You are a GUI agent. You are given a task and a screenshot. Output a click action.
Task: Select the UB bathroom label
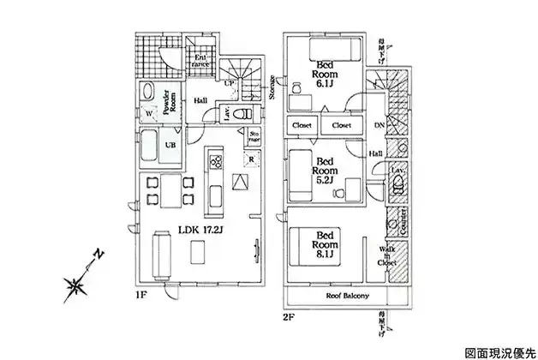pyautogui.click(x=171, y=147)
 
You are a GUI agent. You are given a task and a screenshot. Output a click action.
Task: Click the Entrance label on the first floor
pyautogui.click(x=200, y=60)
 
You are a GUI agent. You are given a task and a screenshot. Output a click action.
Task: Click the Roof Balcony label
pyautogui.click(x=348, y=297)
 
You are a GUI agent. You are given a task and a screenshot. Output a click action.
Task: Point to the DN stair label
pyautogui.click(x=379, y=125)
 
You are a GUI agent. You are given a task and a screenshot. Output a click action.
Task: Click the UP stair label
pyautogui.click(x=228, y=83)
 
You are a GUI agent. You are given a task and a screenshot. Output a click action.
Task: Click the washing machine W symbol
pyautogui.click(x=149, y=112)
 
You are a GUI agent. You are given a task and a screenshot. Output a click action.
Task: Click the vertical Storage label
pyautogui.click(x=272, y=87)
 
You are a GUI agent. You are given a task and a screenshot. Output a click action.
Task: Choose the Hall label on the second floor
pyautogui.click(x=376, y=153)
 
